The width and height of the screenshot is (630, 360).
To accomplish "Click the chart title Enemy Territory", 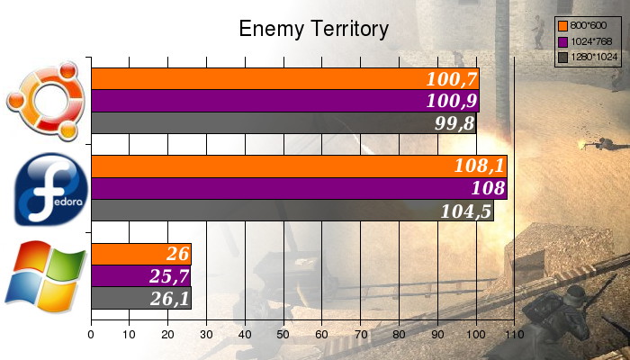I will tap(313, 29).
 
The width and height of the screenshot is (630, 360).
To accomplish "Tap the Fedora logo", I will tap(49, 189).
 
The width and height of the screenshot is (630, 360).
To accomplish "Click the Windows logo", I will tap(44, 276).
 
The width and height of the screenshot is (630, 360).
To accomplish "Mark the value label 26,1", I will tap(168, 298).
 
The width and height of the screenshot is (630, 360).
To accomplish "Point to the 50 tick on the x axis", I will tap(283, 334).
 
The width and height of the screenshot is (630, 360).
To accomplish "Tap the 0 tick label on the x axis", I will tap(91, 334).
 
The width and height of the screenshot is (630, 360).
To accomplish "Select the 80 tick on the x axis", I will tap(399, 334).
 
